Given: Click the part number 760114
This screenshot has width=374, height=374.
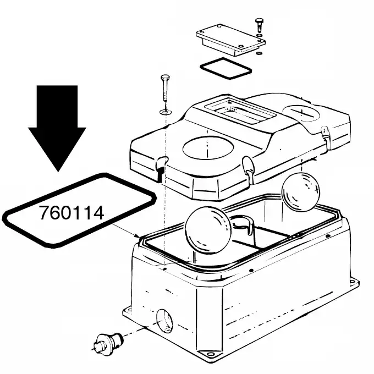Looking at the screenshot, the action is click(71, 212).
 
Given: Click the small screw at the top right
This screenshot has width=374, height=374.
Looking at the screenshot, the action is click(259, 25).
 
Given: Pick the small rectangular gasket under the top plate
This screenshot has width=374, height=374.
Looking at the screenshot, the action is click(226, 68).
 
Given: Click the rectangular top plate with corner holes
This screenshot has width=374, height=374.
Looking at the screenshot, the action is click(230, 40).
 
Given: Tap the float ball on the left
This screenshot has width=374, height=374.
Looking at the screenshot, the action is click(208, 230).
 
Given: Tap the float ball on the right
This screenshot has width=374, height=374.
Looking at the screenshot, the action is click(300, 192).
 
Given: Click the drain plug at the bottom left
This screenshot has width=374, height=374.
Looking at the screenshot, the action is click(108, 342).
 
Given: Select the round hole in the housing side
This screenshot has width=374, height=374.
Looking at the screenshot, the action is click(164, 321).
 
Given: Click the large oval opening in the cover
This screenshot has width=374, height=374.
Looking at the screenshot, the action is click(208, 148).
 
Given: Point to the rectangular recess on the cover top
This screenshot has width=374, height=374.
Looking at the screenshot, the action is click(240, 111).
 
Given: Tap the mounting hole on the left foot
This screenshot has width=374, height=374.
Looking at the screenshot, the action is click(129, 310).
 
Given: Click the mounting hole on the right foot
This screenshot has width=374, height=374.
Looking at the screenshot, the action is click(352, 282).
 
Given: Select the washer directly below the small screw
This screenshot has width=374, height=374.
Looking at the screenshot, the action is click(258, 36).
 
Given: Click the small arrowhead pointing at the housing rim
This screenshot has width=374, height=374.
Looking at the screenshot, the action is click(137, 237).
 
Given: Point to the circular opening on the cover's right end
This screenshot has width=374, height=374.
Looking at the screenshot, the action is click(301, 113).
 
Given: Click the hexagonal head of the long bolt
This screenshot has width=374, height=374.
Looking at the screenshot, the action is click(166, 78).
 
